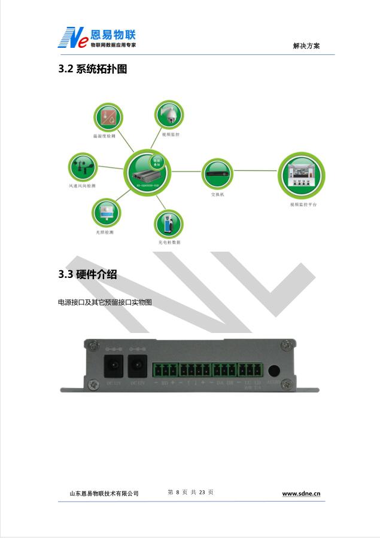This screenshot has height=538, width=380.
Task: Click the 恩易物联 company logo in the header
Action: (x=96, y=37)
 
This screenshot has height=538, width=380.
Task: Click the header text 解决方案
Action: (x=306, y=46)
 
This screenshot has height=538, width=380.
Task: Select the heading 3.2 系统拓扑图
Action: (x=93, y=69)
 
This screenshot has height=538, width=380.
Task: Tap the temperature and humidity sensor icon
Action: (x=108, y=117)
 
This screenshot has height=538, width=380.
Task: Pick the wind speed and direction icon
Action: (x=83, y=167)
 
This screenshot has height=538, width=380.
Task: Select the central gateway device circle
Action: (x=147, y=171)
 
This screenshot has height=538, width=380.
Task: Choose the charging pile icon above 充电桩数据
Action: (x=169, y=224)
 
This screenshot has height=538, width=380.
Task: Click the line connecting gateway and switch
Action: (x=186, y=172)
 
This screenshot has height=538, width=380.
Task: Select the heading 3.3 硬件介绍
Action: (x=87, y=274)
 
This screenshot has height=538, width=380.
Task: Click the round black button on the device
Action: (x=274, y=371)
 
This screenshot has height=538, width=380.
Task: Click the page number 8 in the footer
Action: (x=178, y=492)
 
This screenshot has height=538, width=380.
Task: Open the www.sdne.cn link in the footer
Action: (x=301, y=494)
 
